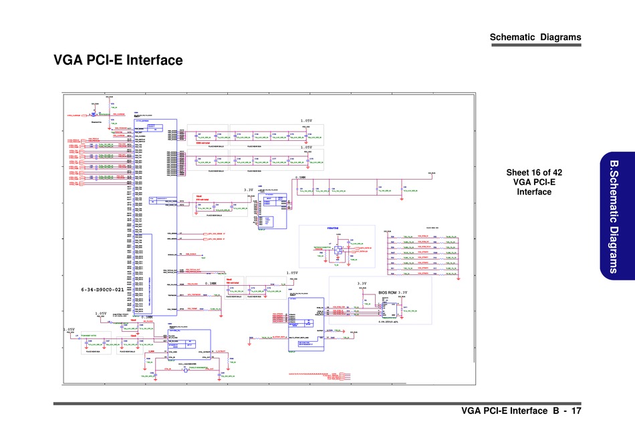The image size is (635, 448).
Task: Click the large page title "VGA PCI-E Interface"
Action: coord(118,61)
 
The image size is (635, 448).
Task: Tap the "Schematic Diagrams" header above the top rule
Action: coord(535,37)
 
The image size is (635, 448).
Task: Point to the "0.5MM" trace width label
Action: coord(301,178)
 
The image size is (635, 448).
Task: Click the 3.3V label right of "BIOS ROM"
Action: coord(404,292)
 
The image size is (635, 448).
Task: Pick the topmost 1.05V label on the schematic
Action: coord(306,120)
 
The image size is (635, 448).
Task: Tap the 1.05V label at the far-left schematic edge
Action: coord(70,330)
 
